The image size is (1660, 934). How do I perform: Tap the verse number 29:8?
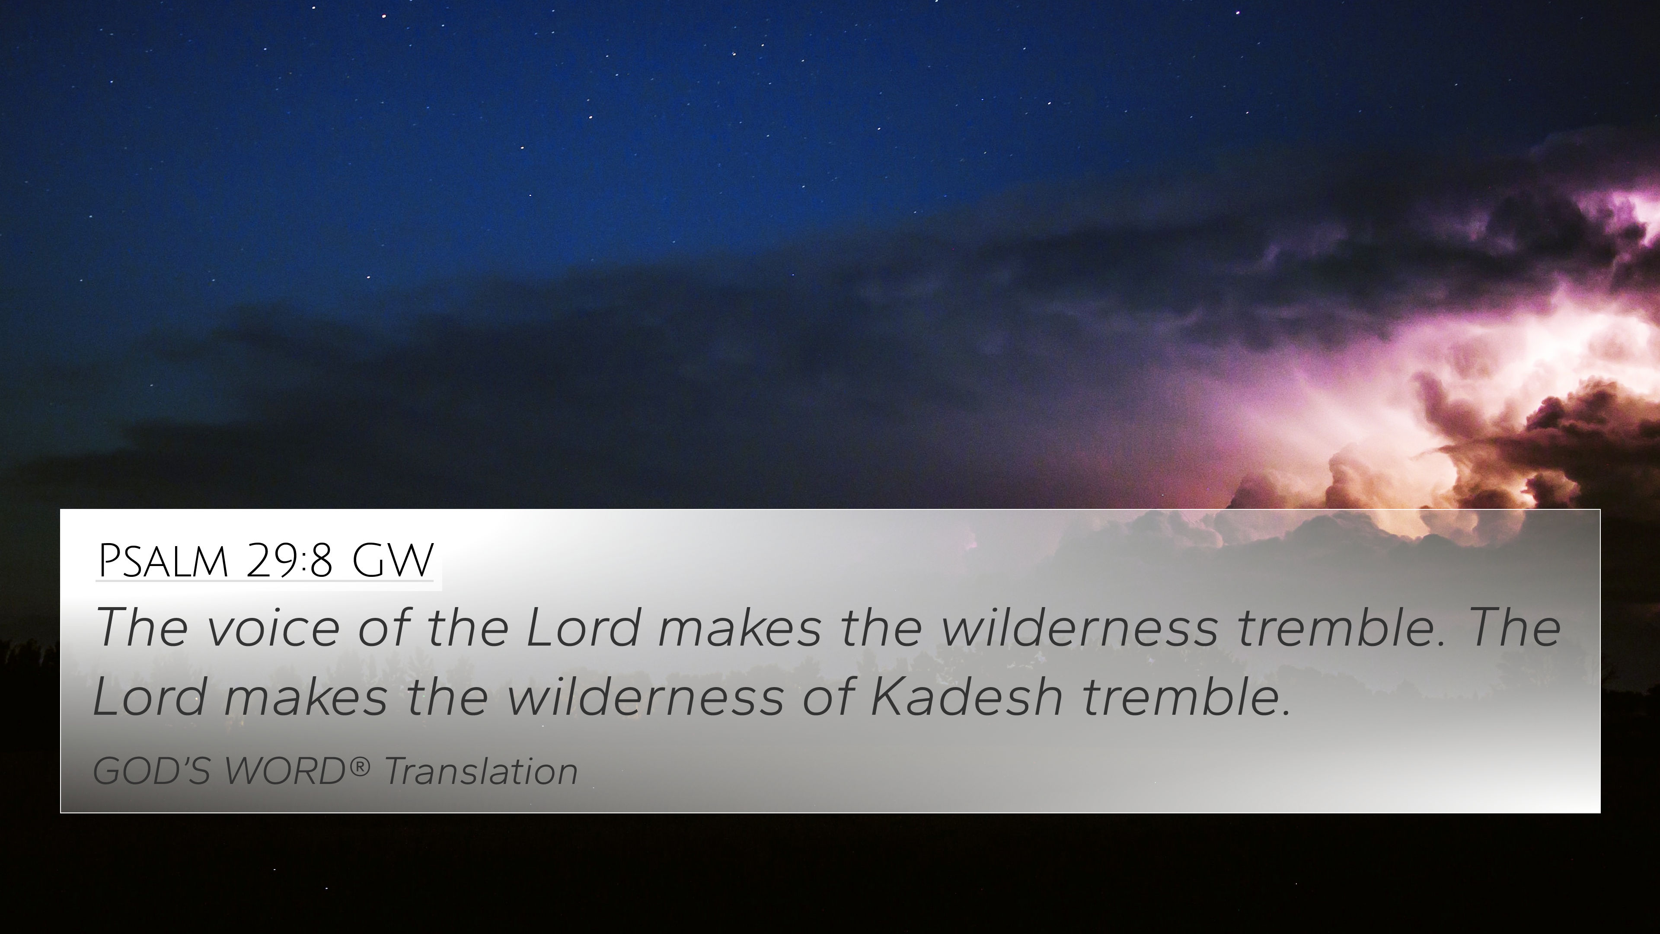click(289, 561)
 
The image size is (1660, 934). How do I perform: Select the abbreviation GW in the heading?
click(393, 561)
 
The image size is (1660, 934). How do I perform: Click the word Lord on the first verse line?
click(584, 627)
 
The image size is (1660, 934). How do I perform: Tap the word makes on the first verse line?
click(740, 627)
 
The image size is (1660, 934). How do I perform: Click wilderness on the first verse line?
click(1079, 627)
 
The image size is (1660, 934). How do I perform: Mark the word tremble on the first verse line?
click(1341, 627)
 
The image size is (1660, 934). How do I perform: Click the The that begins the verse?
click(142, 627)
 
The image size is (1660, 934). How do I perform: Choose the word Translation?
click(481, 771)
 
